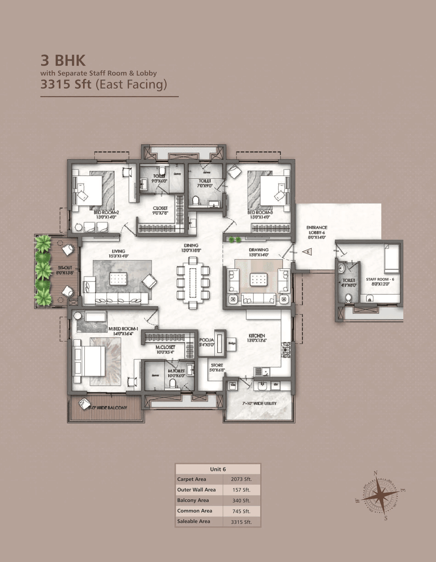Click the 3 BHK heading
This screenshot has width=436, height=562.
(x=63, y=61)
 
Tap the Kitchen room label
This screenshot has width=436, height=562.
(x=257, y=338)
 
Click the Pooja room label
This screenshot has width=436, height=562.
(x=206, y=342)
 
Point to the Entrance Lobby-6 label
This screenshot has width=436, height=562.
(x=317, y=232)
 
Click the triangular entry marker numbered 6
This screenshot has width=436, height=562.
(x=307, y=252)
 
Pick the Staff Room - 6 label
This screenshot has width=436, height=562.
(x=380, y=281)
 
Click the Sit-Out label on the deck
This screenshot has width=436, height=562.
(x=65, y=270)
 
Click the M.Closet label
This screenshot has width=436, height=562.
(x=165, y=349)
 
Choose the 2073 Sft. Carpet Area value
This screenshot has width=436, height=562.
(x=241, y=479)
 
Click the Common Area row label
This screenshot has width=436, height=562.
(x=194, y=511)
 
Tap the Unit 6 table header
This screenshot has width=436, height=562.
(x=218, y=469)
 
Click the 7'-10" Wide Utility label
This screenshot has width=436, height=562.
(x=259, y=403)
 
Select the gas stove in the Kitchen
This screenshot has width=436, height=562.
(x=285, y=350)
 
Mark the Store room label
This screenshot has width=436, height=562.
(x=217, y=367)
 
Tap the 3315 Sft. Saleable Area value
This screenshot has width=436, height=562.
(x=241, y=521)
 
